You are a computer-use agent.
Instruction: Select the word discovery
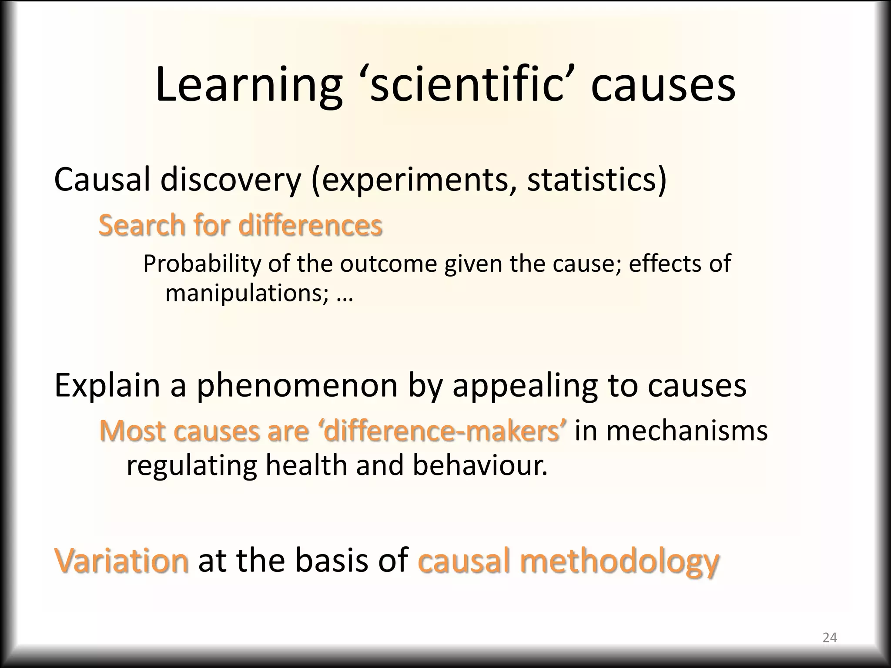click(231, 179)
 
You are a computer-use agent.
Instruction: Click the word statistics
click(596, 179)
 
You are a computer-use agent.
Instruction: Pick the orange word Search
click(142, 225)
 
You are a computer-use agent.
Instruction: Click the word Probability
click(202, 264)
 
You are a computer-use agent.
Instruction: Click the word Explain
click(107, 385)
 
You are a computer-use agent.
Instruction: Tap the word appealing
click(524, 386)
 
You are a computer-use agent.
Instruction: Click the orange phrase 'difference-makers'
click(443, 431)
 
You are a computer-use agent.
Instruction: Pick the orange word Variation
click(122, 561)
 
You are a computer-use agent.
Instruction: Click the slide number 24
click(830, 638)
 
